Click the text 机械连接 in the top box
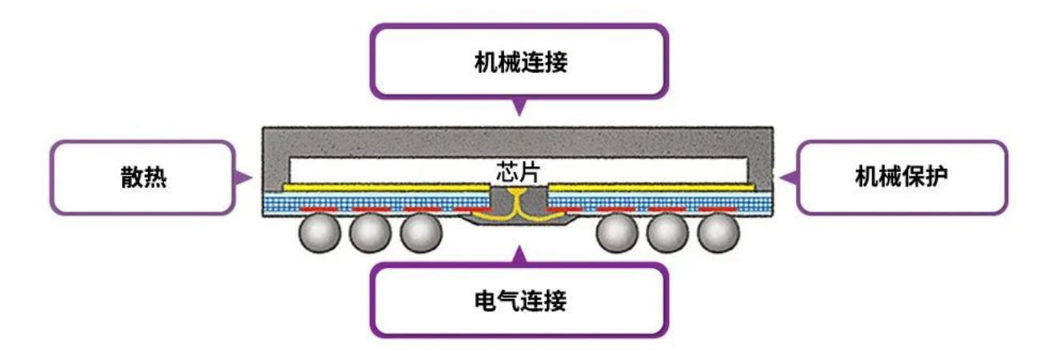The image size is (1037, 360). (x=518, y=63)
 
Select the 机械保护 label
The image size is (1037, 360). (x=902, y=178)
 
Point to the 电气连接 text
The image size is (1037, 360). (x=518, y=302)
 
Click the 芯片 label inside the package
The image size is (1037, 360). (x=518, y=170)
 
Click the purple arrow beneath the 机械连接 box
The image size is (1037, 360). (x=519, y=106)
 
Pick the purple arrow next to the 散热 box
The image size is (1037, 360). (x=245, y=177)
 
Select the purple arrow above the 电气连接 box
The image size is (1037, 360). (x=519, y=255)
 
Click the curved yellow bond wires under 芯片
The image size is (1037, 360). (x=518, y=203)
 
